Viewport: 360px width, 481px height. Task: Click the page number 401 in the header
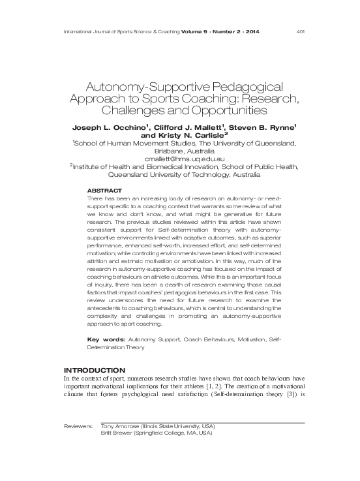point(301,32)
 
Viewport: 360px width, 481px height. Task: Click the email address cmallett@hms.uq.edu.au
point(183,159)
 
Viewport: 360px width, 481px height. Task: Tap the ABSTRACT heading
point(104,190)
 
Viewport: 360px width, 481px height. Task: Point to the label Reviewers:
point(79,426)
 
